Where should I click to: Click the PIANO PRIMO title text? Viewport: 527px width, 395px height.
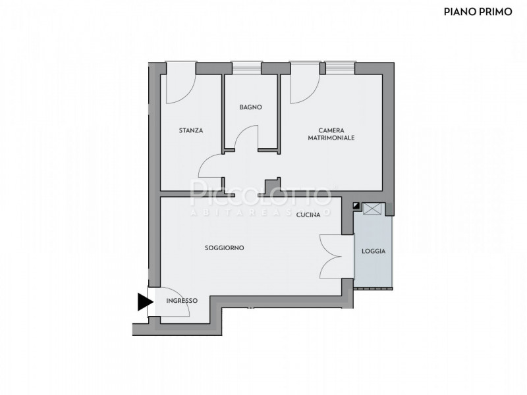click(x=478, y=12)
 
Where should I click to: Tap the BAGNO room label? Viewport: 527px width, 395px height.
click(x=251, y=107)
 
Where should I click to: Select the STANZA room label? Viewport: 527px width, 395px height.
click(x=191, y=130)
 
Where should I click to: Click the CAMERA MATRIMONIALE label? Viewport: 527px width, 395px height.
click(x=331, y=134)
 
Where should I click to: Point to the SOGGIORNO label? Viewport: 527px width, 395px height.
click(x=225, y=248)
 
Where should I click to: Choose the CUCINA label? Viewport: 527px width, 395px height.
click(x=308, y=215)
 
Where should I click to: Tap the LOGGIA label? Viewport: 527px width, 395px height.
click(x=374, y=251)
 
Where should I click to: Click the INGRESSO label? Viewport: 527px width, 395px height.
click(x=182, y=301)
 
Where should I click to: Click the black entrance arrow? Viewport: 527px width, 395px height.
click(x=145, y=302)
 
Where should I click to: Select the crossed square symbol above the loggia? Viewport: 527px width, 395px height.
click(x=374, y=208)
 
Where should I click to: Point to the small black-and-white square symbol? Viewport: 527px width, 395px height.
click(x=356, y=205)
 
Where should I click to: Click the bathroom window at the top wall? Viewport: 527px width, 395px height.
click(x=246, y=68)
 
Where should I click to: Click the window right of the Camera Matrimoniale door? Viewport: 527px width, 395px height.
click(x=340, y=68)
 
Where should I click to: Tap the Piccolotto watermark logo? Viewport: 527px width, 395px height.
click(x=261, y=197)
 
